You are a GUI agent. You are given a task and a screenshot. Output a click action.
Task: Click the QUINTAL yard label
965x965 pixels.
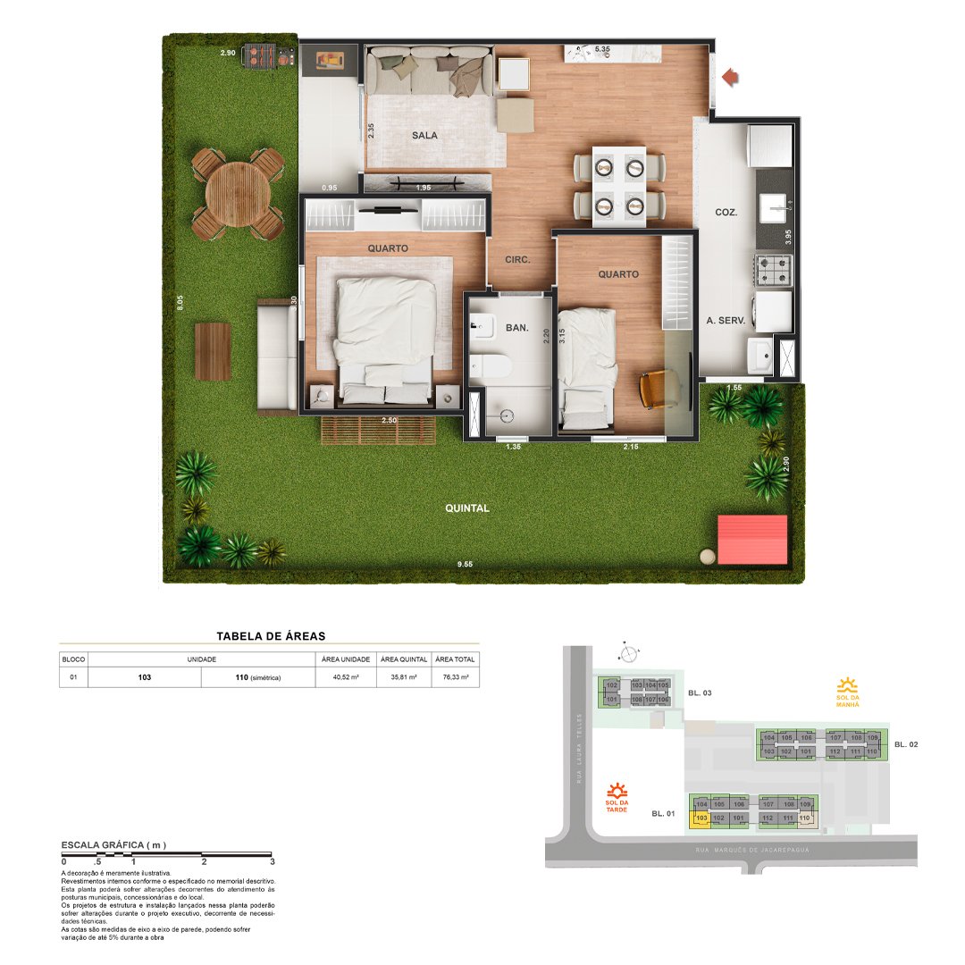[467, 508]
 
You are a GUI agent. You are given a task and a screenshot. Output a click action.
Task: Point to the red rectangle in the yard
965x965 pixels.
[752, 539]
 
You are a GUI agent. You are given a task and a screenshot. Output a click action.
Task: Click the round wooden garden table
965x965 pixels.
[231, 192]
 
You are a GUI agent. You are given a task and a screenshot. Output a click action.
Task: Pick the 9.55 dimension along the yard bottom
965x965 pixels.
[465, 565]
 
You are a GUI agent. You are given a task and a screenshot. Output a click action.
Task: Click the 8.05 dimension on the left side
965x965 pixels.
[180, 303]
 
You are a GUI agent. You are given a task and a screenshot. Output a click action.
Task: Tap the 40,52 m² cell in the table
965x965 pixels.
[345, 678]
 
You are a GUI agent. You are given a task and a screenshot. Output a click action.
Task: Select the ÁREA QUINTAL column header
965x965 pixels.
[403, 659]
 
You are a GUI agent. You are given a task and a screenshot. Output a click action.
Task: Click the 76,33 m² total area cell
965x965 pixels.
[456, 678]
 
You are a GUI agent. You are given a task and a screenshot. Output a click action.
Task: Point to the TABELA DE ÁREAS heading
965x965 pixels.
[271, 636]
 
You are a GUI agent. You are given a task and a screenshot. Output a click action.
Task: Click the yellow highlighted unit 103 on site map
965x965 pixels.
[701, 818]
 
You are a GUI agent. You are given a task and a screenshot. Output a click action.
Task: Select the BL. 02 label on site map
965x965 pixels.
[906, 744]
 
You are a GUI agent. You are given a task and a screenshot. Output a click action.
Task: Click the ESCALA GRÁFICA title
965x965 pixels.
[113, 844]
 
